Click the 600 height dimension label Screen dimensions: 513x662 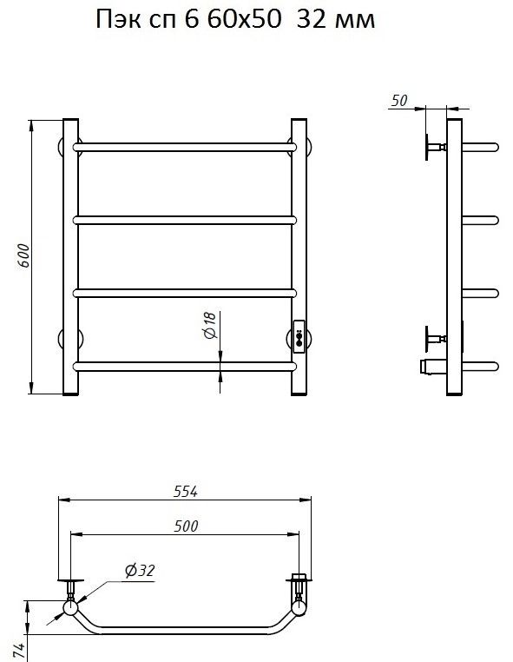23,255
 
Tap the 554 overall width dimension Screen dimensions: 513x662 186,492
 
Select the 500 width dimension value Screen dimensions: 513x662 186,526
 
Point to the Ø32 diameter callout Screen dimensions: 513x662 140,571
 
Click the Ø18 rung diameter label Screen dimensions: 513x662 210,325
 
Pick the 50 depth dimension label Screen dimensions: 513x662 399,101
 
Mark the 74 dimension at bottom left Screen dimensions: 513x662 19,651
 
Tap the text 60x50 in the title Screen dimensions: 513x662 244,19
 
